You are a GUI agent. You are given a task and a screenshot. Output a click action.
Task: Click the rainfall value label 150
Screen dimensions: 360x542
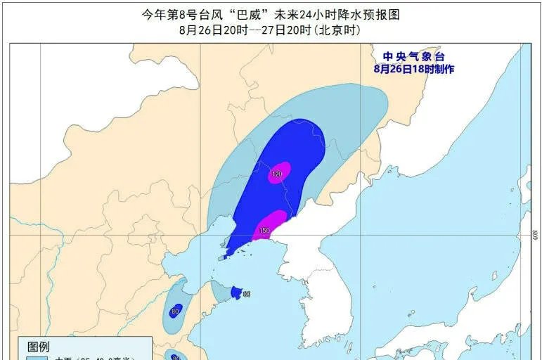tap(264, 230)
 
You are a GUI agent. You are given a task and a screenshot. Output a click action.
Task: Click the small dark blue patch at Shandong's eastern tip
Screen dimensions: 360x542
tap(237, 292)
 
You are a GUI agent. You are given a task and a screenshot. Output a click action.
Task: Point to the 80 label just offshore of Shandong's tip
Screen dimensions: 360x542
tap(247, 293)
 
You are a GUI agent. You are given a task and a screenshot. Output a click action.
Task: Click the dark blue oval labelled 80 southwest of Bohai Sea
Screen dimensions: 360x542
tap(175, 310)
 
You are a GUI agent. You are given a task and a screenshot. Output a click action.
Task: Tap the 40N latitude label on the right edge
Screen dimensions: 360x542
tap(534, 233)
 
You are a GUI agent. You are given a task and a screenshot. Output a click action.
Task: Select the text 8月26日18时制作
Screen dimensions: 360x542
tap(414, 69)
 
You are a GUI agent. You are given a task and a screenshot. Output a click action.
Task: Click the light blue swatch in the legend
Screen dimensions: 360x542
tap(35, 358)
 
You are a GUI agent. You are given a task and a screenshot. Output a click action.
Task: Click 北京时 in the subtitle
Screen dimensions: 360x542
tap(337, 30)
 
